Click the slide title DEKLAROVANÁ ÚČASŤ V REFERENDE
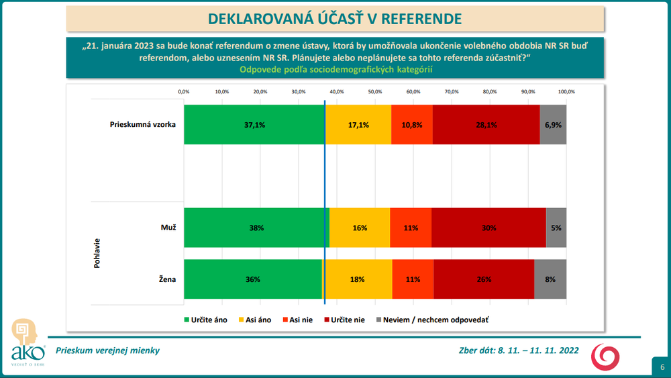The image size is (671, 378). pyautogui.click(x=335, y=17)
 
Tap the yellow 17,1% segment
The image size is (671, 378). pyautogui.click(x=358, y=125)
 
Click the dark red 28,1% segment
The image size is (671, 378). pyautogui.click(x=486, y=125)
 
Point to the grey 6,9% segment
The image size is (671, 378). pyautogui.click(x=553, y=125)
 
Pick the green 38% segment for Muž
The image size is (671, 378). pyautogui.click(x=256, y=228)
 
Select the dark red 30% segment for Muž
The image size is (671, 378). pyautogui.click(x=488, y=228)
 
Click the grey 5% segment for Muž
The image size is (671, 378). pyautogui.click(x=556, y=228)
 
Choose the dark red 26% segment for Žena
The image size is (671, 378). pyautogui.click(x=483, y=279)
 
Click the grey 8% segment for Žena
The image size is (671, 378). pyautogui.click(x=550, y=279)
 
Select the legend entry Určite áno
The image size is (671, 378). pyautogui.click(x=208, y=320)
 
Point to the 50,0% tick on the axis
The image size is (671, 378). pyautogui.click(x=374, y=91)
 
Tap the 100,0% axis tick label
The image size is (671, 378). pyautogui.click(x=566, y=91)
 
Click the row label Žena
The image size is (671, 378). pyautogui.click(x=167, y=279)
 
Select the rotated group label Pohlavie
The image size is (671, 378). pyautogui.click(x=97, y=252)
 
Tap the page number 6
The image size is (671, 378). pyautogui.click(x=662, y=367)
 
